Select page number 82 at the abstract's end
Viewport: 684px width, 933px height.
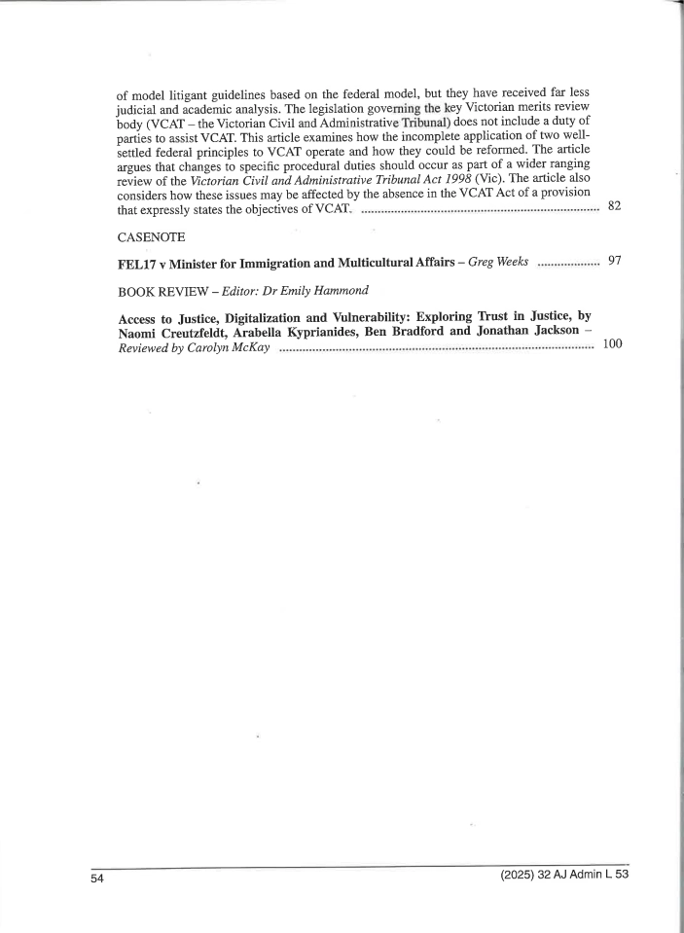pyautogui.click(x=614, y=206)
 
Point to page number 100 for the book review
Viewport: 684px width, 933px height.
pyautogui.click(x=612, y=344)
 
